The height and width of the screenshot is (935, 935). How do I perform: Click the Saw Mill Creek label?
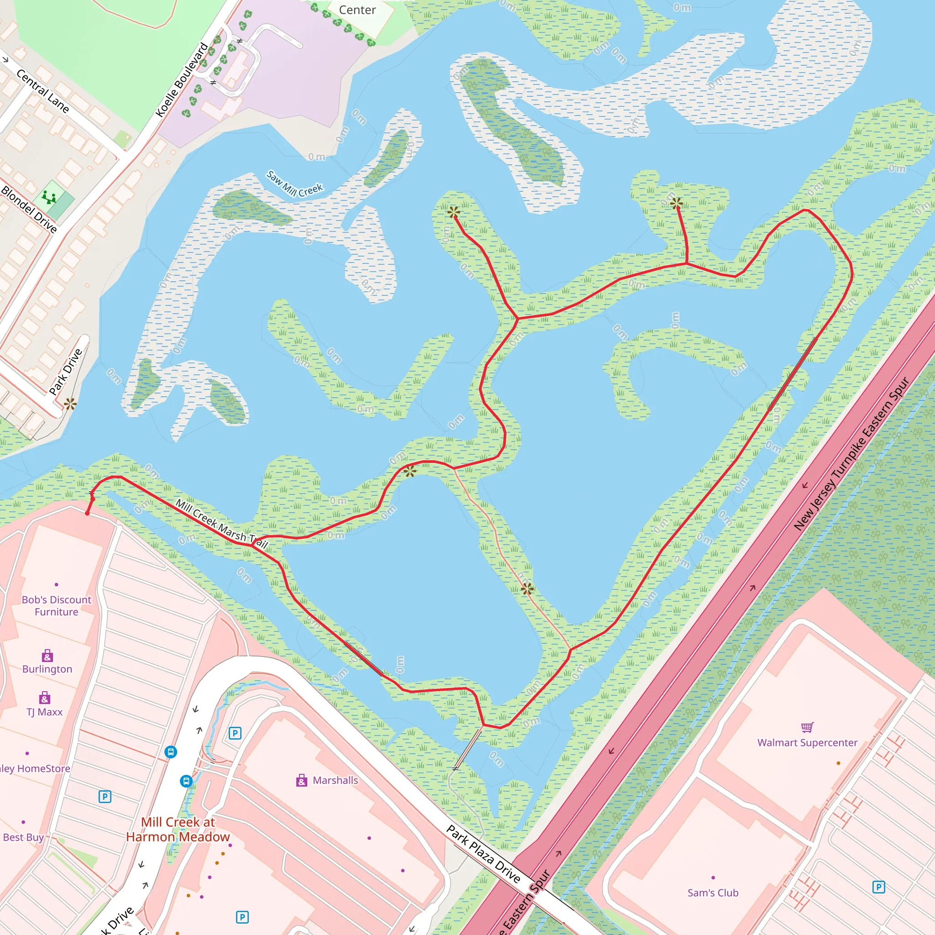click(x=294, y=184)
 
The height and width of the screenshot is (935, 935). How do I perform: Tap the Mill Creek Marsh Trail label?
click(x=221, y=523)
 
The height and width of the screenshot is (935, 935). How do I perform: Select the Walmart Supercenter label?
click(x=807, y=742)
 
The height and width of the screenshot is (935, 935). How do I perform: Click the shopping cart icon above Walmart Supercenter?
click(x=807, y=727)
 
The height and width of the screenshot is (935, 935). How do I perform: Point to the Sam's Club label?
click(x=713, y=893)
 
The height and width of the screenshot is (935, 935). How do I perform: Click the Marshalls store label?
click(x=336, y=780)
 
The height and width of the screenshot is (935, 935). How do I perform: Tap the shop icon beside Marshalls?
click(x=301, y=780)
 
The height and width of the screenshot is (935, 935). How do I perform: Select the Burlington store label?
click(x=47, y=669)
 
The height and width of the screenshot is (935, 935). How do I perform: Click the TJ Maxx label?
click(x=45, y=712)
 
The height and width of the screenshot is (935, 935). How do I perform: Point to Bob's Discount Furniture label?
click(x=57, y=605)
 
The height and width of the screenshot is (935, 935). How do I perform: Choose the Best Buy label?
click(x=23, y=837)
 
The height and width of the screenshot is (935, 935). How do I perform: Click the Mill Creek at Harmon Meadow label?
click(x=178, y=829)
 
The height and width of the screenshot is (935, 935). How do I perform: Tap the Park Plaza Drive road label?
click(x=483, y=854)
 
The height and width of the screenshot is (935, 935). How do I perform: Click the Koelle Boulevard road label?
click(x=182, y=80)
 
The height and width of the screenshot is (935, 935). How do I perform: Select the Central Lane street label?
click(x=42, y=90)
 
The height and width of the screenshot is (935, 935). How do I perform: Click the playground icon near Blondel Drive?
click(x=49, y=197)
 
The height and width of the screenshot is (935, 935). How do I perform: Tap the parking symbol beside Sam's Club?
click(x=878, y=887)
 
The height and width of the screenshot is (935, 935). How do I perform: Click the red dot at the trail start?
click(x=87, y=514)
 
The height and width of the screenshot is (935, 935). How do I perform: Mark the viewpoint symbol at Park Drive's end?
click(x=70, y=404)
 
